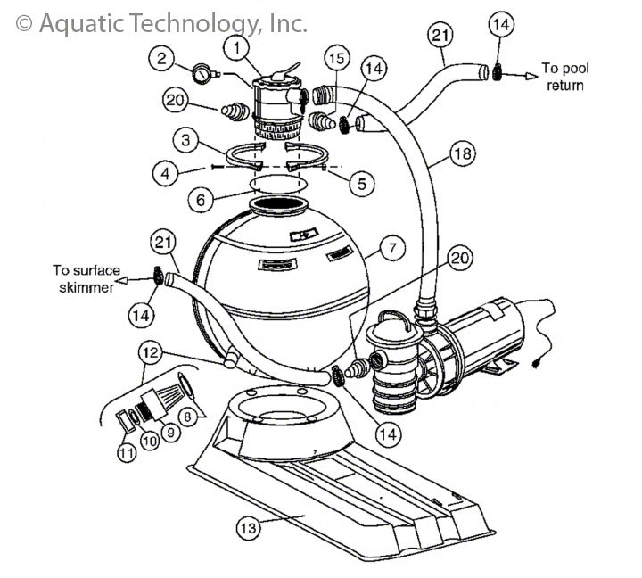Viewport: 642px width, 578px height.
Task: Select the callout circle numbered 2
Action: click(x=160, y=60)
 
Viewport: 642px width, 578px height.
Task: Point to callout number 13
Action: click(x=250, y=527)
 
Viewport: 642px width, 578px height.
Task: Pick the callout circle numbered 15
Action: click(x=335, y=58)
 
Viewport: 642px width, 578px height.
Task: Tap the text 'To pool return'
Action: click(x=565, y=77)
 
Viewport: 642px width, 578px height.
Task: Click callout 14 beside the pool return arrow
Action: click(x=502, y=26)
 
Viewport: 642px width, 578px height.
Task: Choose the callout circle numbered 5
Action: click(x=361, y=184)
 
